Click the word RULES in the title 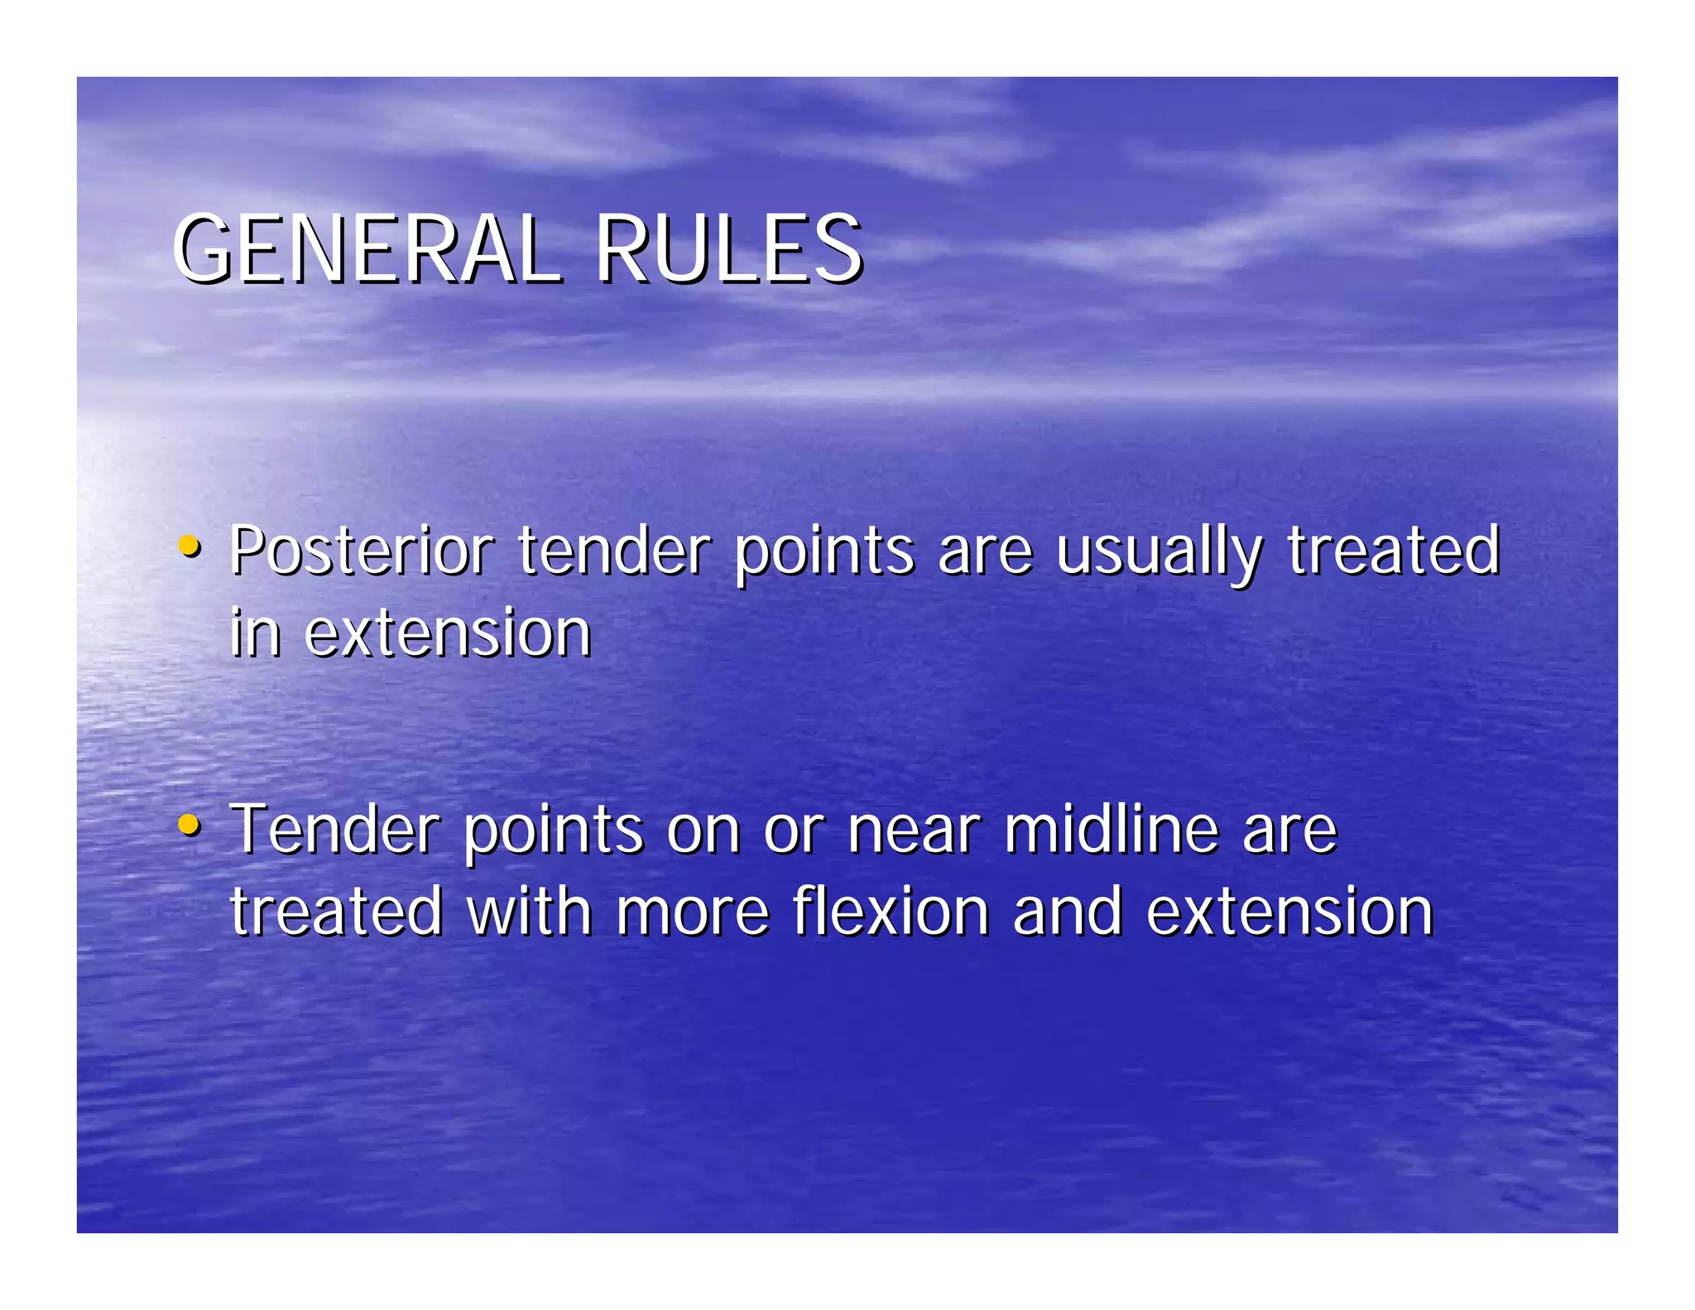pyautogui.click(x=727, y=249)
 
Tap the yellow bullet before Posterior pyautogui.click(x=190, y=547)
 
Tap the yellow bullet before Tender pyautogui.click(x=190, y=826)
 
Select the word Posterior pyautogui.click(x=362, y=551)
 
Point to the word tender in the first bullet pyautogui.click(x=614, y=551)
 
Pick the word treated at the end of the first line pyautogui.click(x=1393, y=551)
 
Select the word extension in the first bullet pyautogui.click(x=448, y=633)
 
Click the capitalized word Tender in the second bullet pyautogui.click(x=334, y=829)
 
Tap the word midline pyautogui.click(x=1112, y=829)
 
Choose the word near pyautogui.click(x=914, y=831)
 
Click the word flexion pyautogui.click(x=891, y=912)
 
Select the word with pyautogui.click(x=529, y=912)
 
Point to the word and pyautogui.click(x=1067, y=912)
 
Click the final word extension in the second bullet pyautogui.click(x=1289, y=912)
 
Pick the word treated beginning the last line pyautogui.click(x=336, y=912)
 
